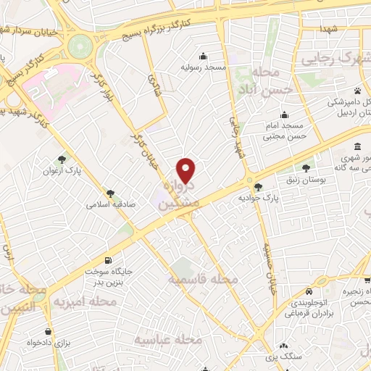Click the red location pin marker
187,170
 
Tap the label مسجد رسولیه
204,67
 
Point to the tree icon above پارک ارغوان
64,160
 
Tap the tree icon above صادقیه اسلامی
110,193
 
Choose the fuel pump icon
108,260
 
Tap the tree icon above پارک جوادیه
259,187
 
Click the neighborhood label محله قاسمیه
204,279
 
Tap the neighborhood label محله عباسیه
168,338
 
